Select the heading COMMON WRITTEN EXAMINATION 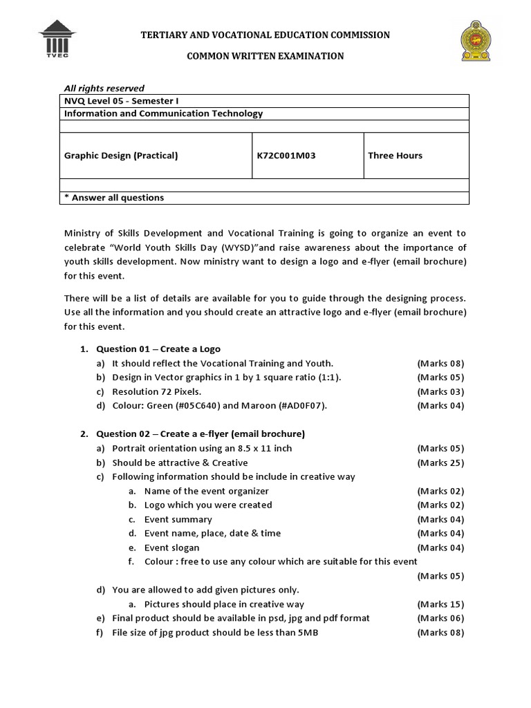(x=265, y=56)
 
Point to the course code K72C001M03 (x=286, y=156)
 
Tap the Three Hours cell (x=395, y=156)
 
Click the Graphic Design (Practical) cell (x=121, y=156)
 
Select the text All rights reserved (x=104, y=88)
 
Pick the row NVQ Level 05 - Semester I (x=119, y=101)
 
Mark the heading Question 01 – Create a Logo (x=158, y=348)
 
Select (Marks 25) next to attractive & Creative (x=440, y=463)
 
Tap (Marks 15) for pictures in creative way (x=440, y=604)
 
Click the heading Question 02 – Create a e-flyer (x=201, y=434)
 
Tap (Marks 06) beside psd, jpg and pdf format (x=440, y=618)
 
